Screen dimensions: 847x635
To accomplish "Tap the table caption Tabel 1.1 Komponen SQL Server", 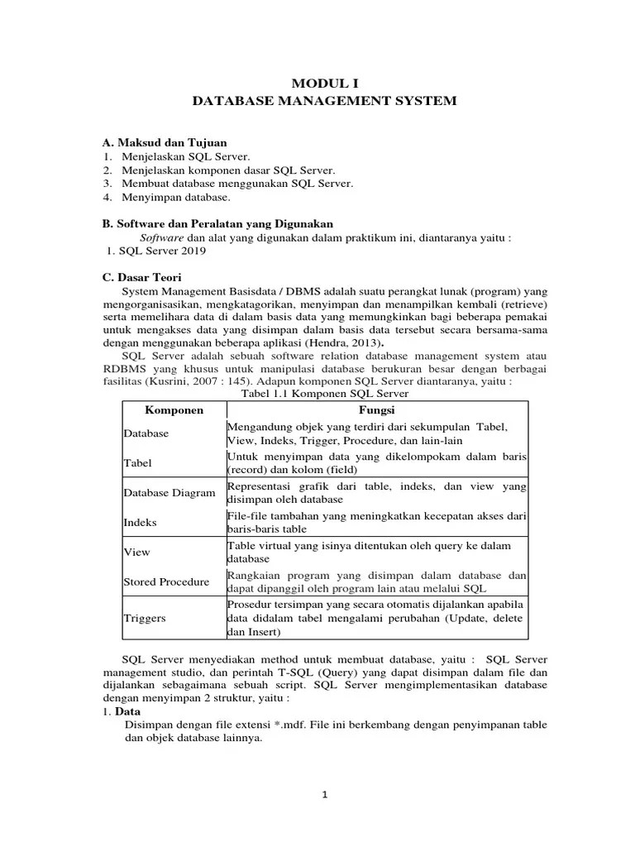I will coord(324,395).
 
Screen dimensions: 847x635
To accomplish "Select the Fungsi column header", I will coord(375,410).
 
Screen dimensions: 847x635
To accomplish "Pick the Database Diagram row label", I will coord(170,494).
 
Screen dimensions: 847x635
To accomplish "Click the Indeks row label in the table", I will coord(140,523).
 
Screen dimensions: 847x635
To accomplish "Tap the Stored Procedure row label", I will coord(166,581).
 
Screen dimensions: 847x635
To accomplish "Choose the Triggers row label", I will coord(145,617).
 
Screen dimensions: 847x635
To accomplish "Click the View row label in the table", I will coord(136,552).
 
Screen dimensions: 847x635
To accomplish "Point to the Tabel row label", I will coord(138,463).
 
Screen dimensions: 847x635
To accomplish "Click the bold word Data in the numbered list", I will coord(128,711).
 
